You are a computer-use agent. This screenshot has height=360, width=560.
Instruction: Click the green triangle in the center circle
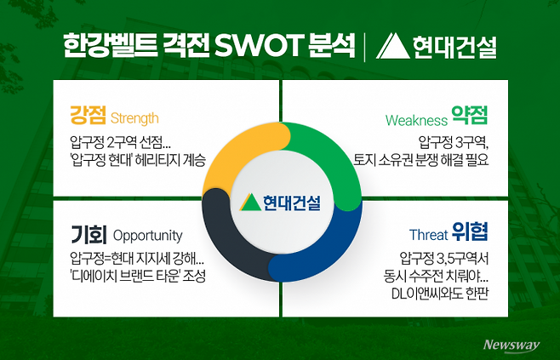coord(249,202)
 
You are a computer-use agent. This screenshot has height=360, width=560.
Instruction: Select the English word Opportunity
coord(147,235)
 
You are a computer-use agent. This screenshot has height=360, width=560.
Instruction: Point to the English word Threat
coord(427,235)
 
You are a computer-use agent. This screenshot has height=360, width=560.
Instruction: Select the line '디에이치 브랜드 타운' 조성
coord(138,276)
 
